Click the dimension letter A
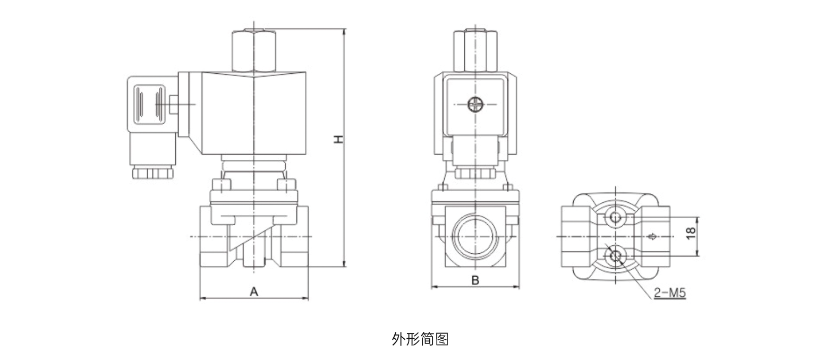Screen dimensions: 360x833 [254, 292]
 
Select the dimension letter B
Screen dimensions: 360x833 [475, 280]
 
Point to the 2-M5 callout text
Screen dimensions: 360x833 [670, 292]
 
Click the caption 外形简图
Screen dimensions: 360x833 [420, 339]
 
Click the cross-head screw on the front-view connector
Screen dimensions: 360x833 [475, 105]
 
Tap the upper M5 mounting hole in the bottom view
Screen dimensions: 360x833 [615, 217]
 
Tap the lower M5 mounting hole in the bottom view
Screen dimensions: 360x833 [615, 256]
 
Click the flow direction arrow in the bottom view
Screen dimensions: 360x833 [651, 236]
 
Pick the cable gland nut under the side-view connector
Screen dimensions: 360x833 [153, 172]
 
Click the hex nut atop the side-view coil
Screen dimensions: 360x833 [254, 51]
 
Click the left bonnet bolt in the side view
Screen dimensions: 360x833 [221, 185]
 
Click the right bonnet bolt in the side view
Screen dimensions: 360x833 [287, 185]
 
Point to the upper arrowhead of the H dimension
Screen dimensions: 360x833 [344, 32]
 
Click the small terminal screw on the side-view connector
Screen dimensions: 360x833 [173, 104]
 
